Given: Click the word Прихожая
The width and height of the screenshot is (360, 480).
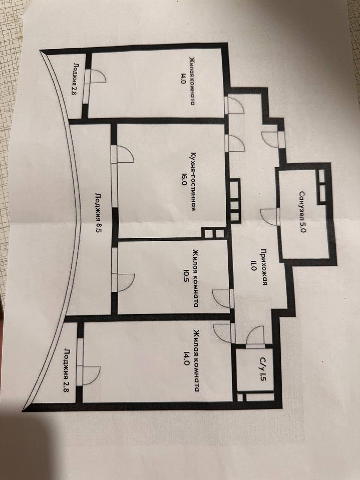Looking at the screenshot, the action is [x=265, y=267].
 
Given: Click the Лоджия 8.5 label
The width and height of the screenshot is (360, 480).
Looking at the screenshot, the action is [x=98, y=214].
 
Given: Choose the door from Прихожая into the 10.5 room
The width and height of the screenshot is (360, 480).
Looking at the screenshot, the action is [x=222, y=299].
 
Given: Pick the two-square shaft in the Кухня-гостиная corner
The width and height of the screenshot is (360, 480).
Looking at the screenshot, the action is [x=213, y=233].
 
